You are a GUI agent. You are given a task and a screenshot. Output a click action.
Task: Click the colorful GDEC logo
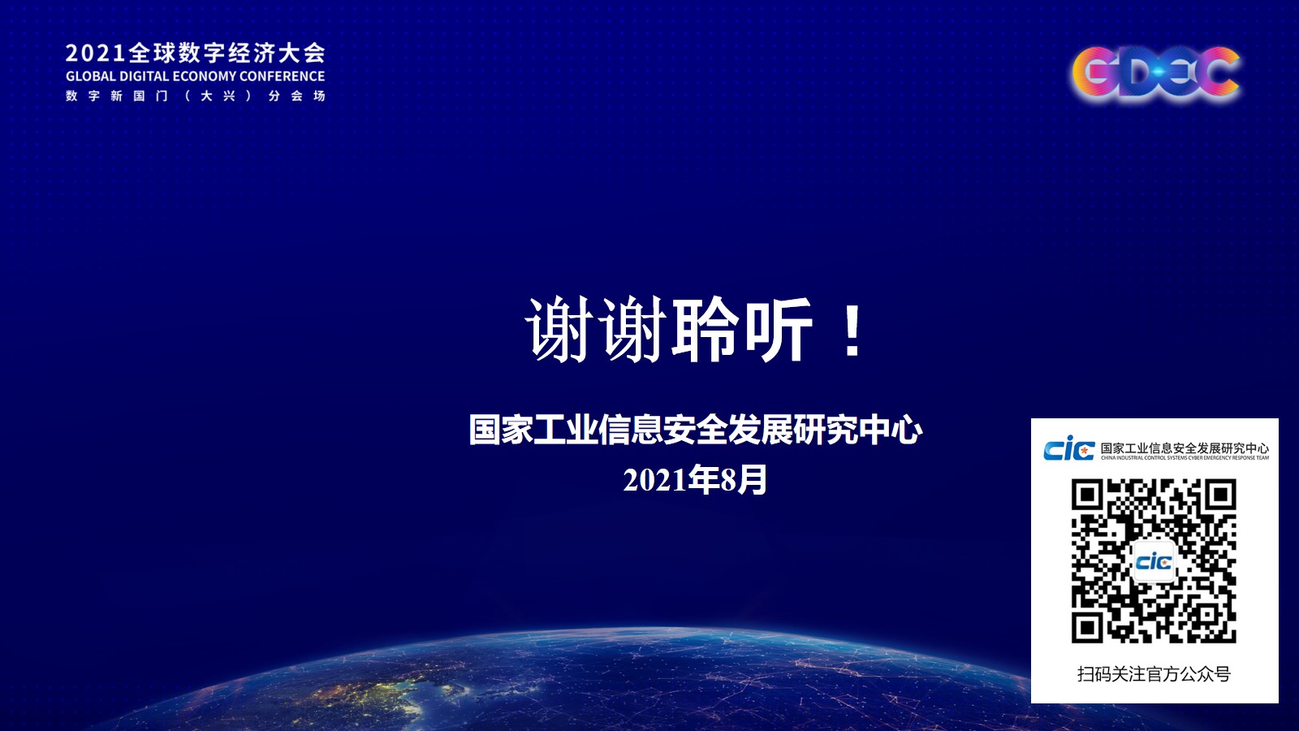pos(1155,74)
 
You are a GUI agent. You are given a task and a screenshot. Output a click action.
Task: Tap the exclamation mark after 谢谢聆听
pos(852,331)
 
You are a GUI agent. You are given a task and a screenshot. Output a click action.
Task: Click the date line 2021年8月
pos(695,480)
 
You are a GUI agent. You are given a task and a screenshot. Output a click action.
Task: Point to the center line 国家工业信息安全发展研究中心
pos(695,430)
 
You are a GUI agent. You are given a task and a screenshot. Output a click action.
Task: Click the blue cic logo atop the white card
pos(1068,448)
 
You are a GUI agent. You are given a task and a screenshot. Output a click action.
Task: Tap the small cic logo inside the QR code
pos(1154,561)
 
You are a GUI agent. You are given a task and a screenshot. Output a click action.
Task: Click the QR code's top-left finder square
pos(1087,495)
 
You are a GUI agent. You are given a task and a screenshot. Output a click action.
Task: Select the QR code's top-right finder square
pos(1221,495)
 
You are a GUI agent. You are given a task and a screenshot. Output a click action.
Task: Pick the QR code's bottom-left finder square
pos(1087,627)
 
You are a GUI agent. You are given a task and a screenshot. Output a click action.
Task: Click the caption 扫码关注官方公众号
pos(1154,674)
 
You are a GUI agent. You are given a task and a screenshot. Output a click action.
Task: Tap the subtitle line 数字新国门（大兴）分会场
pos(196,96)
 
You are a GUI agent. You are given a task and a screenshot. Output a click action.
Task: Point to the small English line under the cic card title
pos(1185,458)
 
